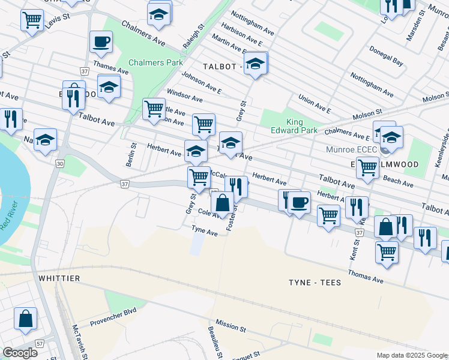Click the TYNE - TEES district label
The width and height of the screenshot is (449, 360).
[315, 283]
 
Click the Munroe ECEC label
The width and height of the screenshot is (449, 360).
[351, 149]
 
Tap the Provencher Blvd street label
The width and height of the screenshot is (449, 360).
[113, 317]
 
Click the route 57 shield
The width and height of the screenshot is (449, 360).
[40, 344]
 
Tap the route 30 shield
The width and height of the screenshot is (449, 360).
[59, 163]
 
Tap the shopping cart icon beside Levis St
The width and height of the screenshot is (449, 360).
[32, 19]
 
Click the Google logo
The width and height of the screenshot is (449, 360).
[20, 353]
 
